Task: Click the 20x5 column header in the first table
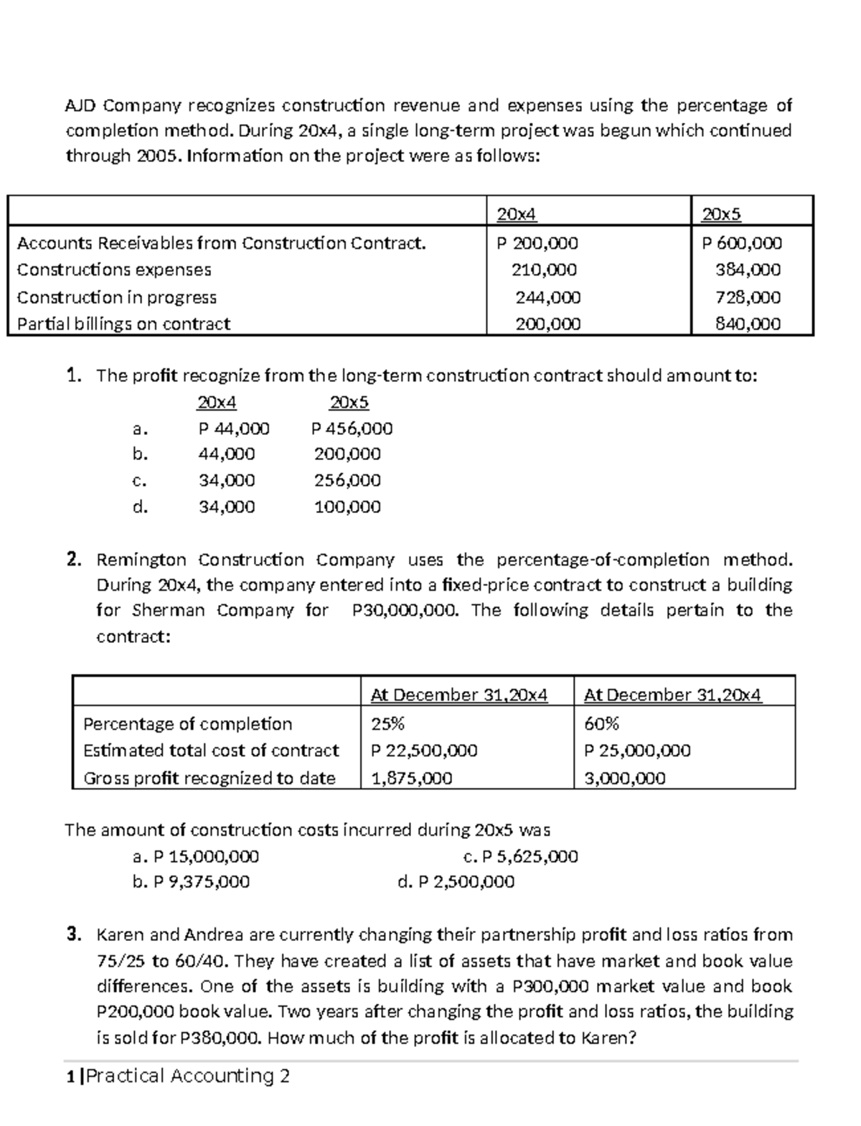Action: tap(721, 214)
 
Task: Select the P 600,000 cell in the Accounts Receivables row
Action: tap(742, 243)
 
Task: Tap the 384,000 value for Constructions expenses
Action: tap(748, 270)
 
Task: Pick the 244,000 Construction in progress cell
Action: tap(548, 297)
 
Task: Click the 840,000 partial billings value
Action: tap(748, 324)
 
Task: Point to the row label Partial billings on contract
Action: tap(123, 324)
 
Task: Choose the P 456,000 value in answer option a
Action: tap(352, 428)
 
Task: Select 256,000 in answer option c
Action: tap(347, 480)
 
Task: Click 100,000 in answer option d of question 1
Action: tap(347, 507)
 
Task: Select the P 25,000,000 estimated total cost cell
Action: tap(637, 751)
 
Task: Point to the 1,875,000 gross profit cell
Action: tap(411, 778)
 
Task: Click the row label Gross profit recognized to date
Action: tap(210, 778)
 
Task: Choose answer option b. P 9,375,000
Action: tap(192, 881)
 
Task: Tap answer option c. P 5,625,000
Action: tap(521, 856)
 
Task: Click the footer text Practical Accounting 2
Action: tap(187, 1075)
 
